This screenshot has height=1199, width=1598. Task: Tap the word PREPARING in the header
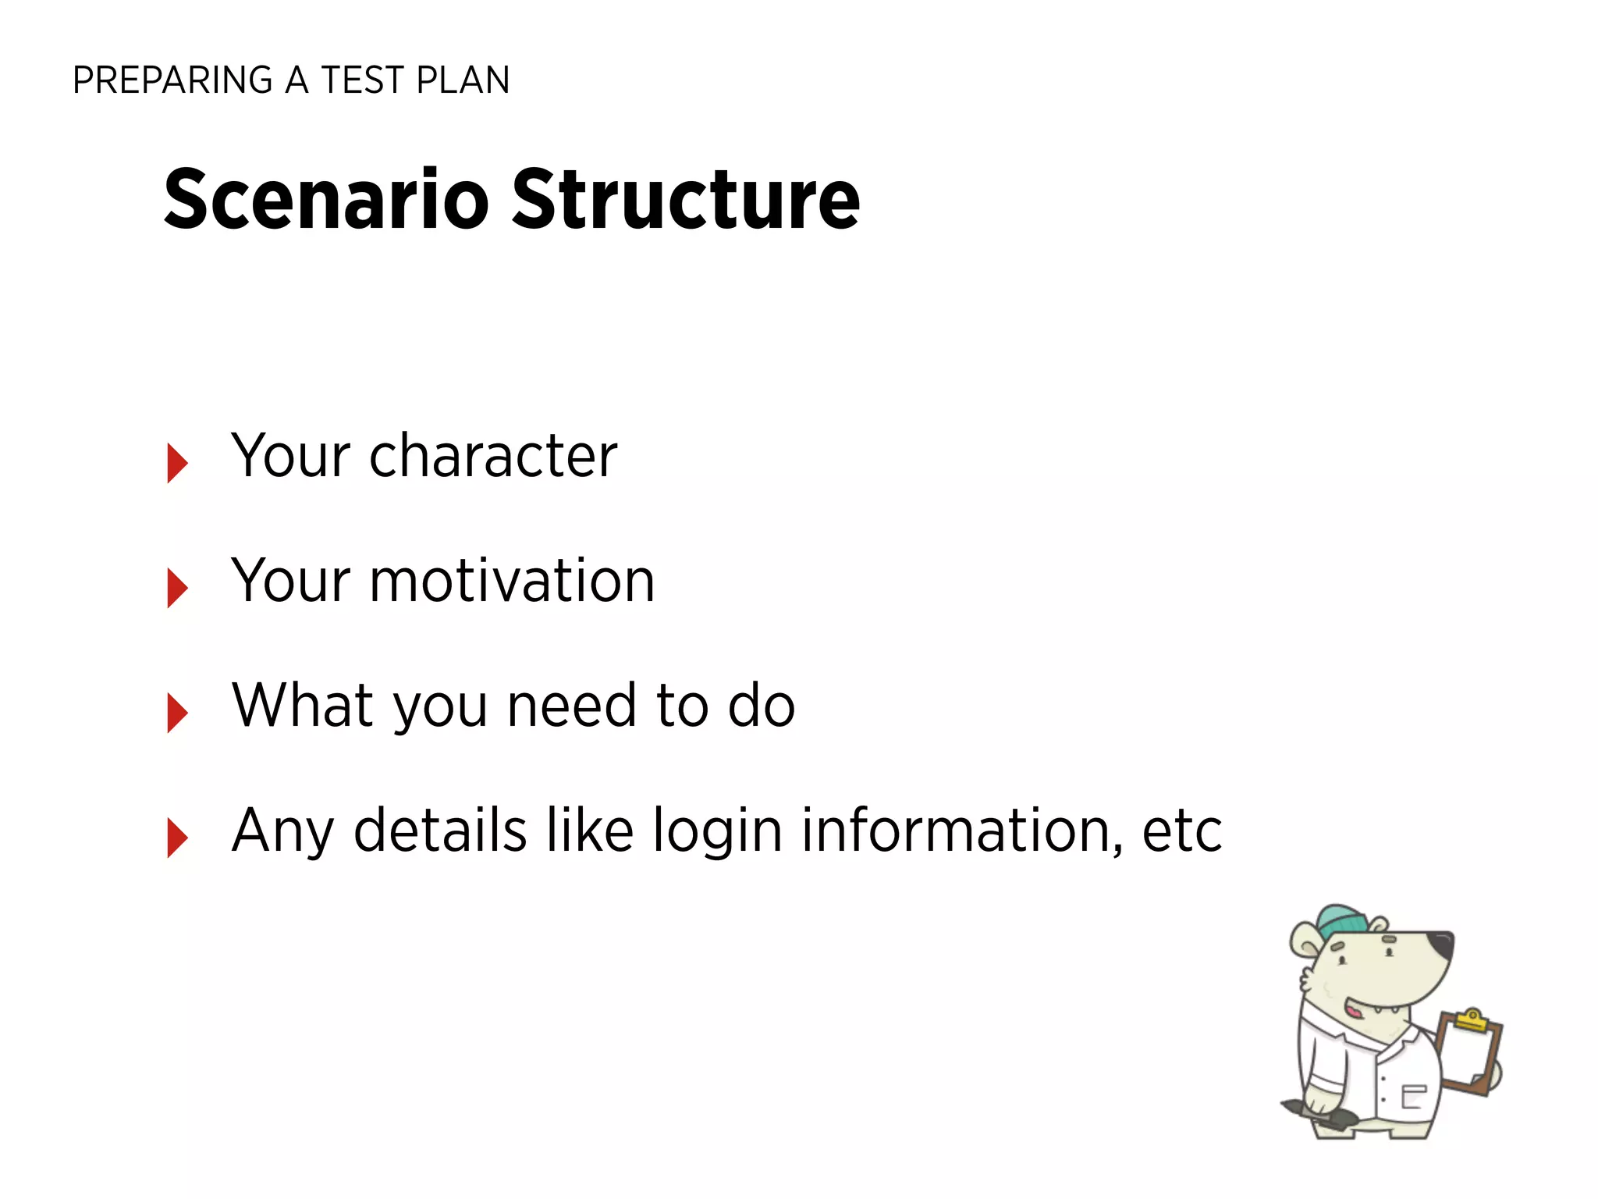coord(172,80)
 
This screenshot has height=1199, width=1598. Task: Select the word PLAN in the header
coord(463,80)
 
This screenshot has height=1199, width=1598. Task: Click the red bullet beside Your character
coord(177,463)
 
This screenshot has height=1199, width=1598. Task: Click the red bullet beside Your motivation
coord(177,588)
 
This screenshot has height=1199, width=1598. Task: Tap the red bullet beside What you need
coord(177,713)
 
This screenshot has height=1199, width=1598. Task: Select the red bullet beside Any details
coord(177,838)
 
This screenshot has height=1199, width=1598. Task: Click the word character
coord(493,456)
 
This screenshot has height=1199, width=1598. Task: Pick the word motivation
coord(512,581)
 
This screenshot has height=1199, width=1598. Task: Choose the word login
coord(717,831)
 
